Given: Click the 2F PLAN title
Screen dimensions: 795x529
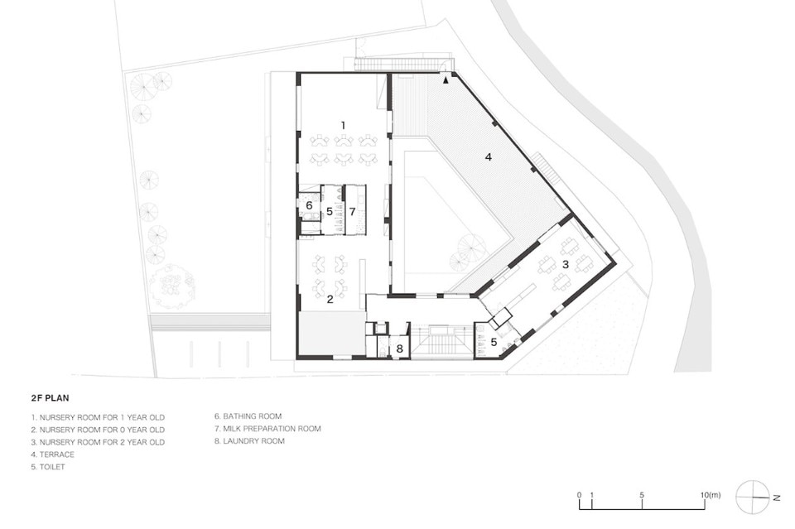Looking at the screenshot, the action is click(51, 397).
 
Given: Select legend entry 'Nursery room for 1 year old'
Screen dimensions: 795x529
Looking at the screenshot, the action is click(98, 417).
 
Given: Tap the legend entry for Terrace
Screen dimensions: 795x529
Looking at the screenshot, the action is click(53, 454).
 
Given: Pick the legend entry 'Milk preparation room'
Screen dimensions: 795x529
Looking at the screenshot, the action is click(267, 429).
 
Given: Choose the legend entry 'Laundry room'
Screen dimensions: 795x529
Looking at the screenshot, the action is click(249, 440).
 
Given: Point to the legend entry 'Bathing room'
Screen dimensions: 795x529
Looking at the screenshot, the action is click(248, 416).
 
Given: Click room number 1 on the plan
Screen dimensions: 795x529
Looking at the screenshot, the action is click(343, 125).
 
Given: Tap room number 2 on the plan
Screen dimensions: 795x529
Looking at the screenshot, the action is click(330, 300).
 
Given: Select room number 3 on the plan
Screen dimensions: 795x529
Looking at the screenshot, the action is click(566, 264).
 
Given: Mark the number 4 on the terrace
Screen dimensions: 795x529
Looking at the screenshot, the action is click(489, 157).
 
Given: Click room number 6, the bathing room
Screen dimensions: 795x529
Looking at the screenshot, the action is click(309, 206).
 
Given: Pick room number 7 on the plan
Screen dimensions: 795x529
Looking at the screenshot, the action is click(353, 211).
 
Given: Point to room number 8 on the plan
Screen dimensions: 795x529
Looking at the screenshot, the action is click(399, 349).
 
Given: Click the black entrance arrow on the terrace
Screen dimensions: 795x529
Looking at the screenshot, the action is click(446, 79).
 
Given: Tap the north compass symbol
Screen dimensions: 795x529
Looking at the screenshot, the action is click(754, 497).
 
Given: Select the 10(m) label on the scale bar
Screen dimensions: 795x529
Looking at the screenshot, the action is click(711, 495).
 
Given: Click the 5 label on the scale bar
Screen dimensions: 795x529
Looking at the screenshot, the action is click(642, 495).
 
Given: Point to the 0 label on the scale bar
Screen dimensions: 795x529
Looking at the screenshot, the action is click(579, 495).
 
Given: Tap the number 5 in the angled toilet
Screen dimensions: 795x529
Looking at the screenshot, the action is click(494, 343).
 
